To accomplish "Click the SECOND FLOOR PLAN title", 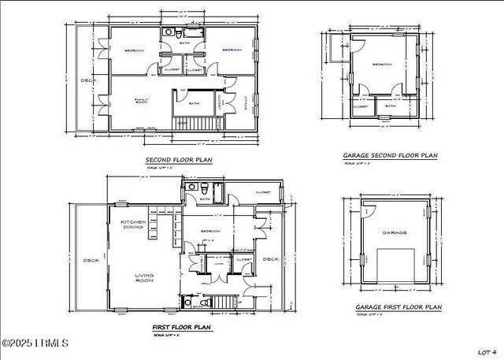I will tap(179, 160).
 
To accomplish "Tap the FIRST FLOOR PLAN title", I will tap(181, 325).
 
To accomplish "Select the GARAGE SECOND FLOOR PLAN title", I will tap(390, 156).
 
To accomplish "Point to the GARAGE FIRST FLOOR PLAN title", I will tap(398, 307).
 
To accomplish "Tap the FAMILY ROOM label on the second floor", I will tap(141, 101).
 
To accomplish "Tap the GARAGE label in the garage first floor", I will tap(395, 232).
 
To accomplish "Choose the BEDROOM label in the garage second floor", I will tap(382, 65).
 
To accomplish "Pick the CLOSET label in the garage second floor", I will tap(361, 106).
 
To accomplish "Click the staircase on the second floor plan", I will tap(197, 123).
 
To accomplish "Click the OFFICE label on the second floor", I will tap(244, 102).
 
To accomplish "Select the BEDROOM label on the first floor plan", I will tap(210, 231).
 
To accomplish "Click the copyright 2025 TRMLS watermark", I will tap(35, 343).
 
